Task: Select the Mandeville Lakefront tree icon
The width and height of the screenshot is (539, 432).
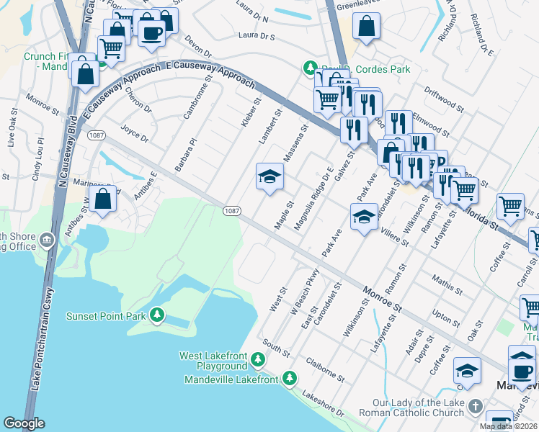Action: (289, 378)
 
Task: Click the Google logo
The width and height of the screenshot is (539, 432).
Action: (24, 423)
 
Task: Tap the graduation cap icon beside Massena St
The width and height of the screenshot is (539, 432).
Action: (269, 177)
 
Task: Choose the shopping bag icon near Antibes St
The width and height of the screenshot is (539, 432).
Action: (104, 199)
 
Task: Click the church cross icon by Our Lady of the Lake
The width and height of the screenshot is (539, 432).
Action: (474, 407)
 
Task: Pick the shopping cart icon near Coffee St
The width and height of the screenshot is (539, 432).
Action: (510, 206)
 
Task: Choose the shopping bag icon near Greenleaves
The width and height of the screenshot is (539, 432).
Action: (366, 28)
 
